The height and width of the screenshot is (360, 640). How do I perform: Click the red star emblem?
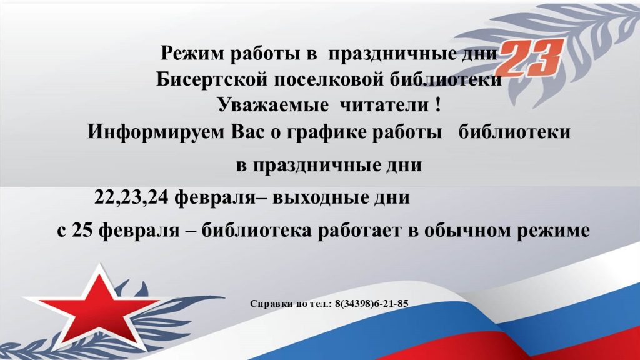[x=102, y=305]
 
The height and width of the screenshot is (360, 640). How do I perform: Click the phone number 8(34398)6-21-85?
[x=371, y=304]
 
